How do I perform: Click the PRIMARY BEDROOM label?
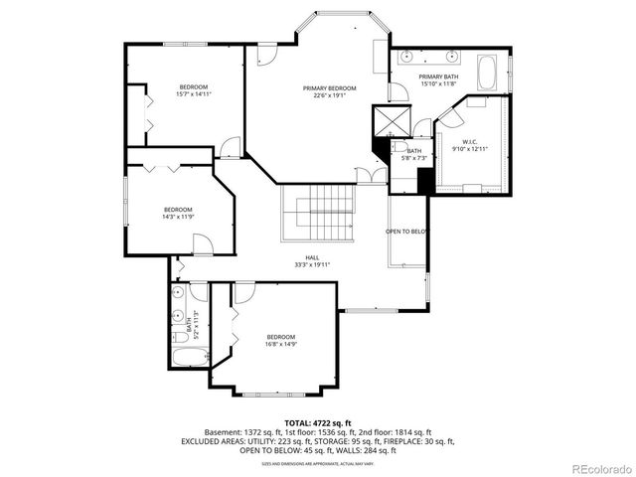[329, 88]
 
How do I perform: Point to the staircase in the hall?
[318, 212]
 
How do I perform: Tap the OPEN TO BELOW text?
[406, 232]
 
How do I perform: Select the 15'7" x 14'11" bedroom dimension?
[195, 93]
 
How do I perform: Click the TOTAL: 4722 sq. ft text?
[318, 423]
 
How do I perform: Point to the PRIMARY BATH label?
[437, 77]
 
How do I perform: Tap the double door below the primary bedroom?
[371, 178]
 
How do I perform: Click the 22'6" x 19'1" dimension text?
[329, 96]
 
